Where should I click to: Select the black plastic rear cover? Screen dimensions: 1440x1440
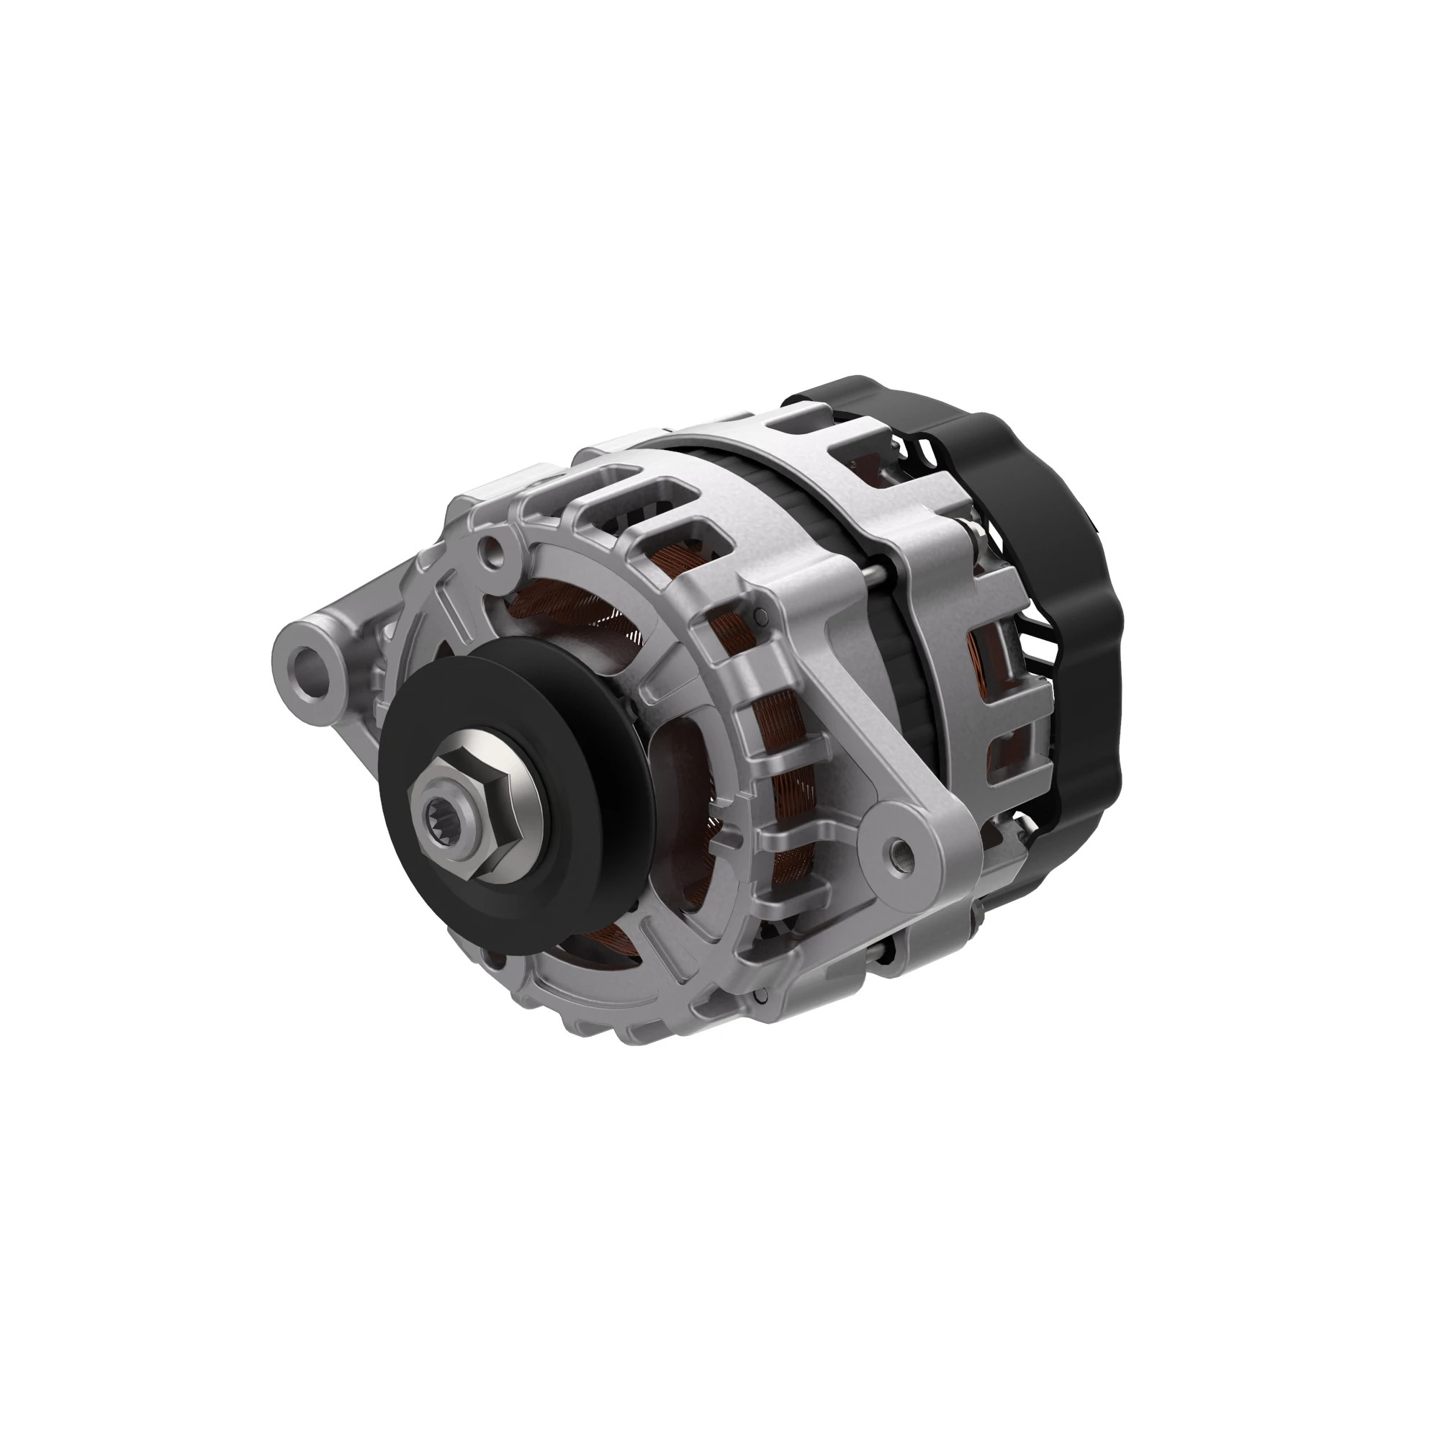[1058, 567]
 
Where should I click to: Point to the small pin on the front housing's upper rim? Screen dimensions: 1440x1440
[760, 616]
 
